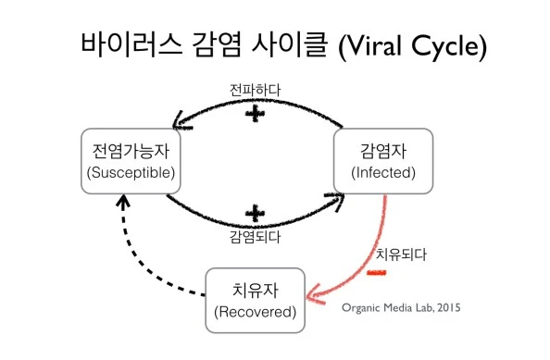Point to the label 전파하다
(x=255, y=90)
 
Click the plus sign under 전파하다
(x=255, y=114)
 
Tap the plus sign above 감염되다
(x=254, y=215)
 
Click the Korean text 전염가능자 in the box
(x=129, y=151)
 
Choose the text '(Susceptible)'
(x=129, y=172)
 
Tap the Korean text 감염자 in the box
(x=382, y=151)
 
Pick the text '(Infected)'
(x=382, y=172)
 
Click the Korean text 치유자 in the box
(x=254, y=290)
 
